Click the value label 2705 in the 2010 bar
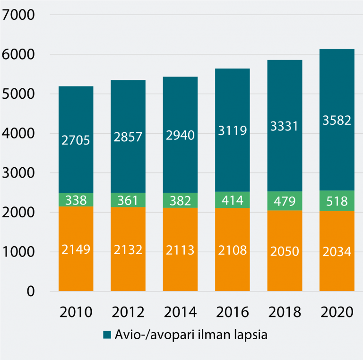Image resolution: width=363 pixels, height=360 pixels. click(x=76, y=140)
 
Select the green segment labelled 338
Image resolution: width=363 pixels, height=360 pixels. click(x=76, y=200)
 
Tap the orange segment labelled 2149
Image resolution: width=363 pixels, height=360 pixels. click(x=76, y=249)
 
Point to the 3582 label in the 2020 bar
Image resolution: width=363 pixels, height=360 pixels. click(x=337, y=120)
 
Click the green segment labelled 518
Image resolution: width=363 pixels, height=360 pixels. click(x=337, y=200)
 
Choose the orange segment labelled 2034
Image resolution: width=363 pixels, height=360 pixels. click(x=337, y=251)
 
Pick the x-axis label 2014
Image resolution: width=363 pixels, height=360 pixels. click(x=180, y=312)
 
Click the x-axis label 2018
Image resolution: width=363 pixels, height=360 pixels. click(x=285, y=312)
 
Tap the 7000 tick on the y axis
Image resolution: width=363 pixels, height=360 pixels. click(x=18, y=15)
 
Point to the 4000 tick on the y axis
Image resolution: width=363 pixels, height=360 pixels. click(x=18, y=134)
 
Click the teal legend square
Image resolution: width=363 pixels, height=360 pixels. click(x=107, y=335)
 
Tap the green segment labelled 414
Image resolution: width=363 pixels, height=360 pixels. click(x=233, y=200)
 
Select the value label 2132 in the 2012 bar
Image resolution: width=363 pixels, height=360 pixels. click(x=128, y=250)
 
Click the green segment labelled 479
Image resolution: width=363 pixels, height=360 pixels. click(x=285, y=201)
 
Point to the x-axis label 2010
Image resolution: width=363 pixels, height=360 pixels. click(x=76, y=312)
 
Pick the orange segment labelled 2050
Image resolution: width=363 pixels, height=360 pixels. click(x=285, y=251)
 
